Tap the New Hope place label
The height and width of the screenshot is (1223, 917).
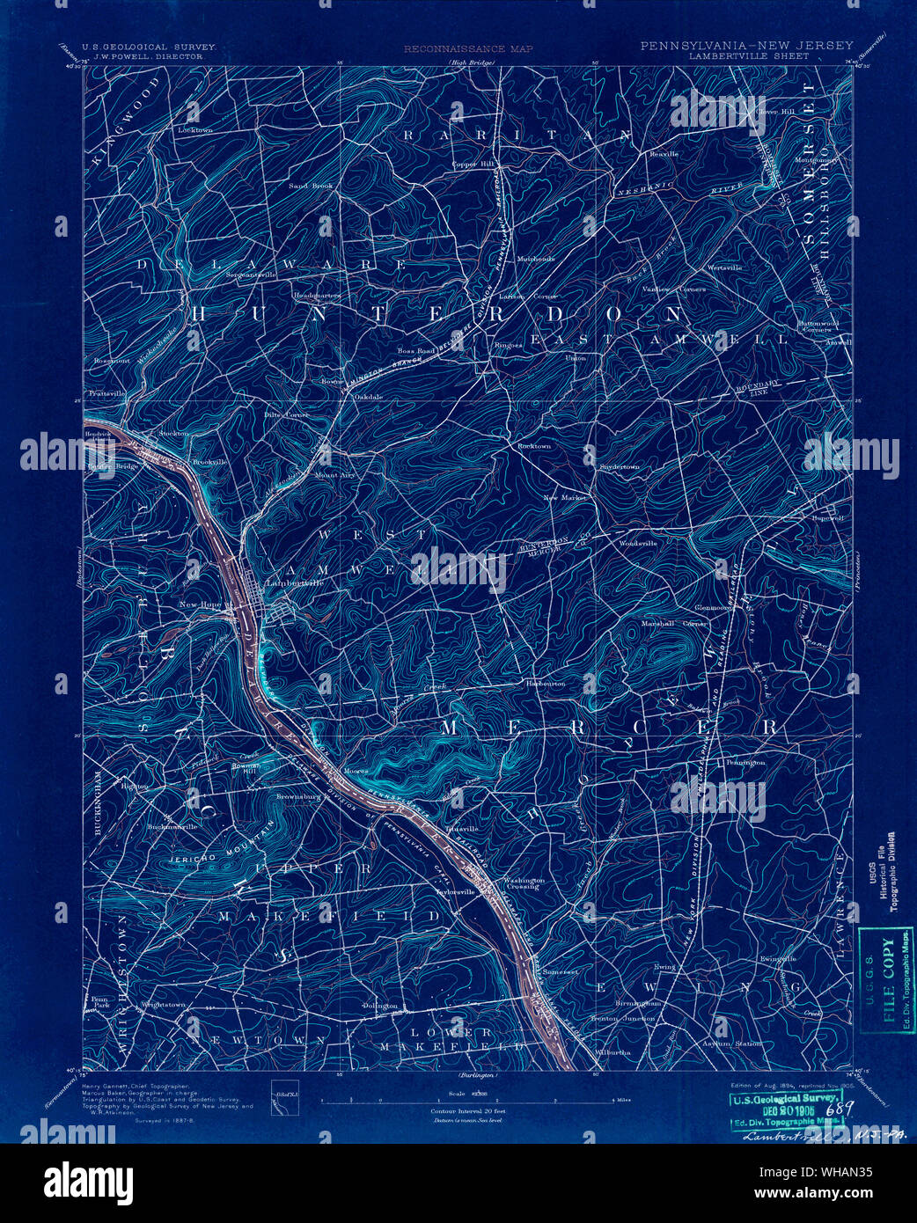[x=201, y=605]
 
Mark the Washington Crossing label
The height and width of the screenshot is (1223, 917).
[x=523, y=883]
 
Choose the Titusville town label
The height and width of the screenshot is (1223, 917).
[x=461, y=829]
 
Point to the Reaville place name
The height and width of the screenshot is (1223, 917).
[x=664, y=154]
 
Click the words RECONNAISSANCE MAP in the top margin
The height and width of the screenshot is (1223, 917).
[x=468, y=49]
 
